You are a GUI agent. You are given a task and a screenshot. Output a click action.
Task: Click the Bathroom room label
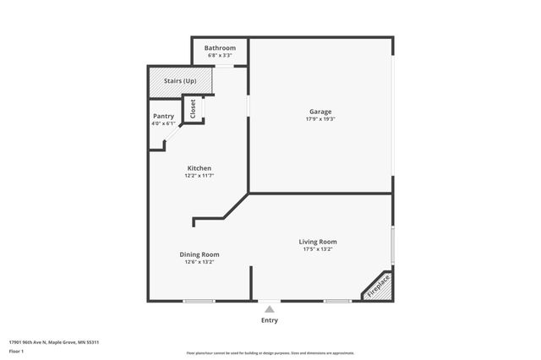(220, 48)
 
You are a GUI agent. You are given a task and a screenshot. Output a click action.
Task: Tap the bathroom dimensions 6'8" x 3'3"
(220, 55)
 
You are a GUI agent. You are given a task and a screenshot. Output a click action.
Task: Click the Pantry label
(163, 116)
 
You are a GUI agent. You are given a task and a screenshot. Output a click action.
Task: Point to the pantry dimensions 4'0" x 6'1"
(163, 123)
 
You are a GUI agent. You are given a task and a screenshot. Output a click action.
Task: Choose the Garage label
(320, 112)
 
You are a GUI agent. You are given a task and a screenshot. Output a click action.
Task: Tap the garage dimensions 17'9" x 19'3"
(320, 119)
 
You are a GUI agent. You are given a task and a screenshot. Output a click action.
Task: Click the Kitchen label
(199, 168)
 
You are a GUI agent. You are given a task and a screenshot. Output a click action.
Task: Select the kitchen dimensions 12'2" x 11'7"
(199, 176)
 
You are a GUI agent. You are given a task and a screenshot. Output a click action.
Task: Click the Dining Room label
(199, 254)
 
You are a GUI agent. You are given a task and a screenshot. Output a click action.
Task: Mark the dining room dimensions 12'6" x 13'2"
(199, 262)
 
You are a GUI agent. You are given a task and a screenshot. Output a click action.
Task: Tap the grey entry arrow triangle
(270, 309)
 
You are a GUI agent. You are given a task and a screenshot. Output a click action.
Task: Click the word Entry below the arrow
(270, 320)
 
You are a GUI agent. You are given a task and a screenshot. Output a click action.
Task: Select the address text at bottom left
(54, 342)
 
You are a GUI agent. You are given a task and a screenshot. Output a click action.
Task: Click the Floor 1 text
(16, 351)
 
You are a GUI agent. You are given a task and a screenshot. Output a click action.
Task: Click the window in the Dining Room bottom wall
(199, 301)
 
